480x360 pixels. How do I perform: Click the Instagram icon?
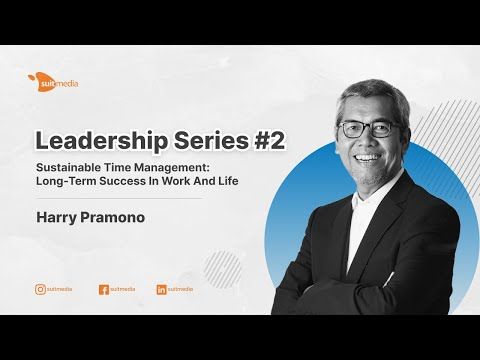[x=40, y=289]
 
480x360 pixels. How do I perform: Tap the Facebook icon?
[x=103, y=289]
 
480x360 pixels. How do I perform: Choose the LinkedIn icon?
[x=161, y=289]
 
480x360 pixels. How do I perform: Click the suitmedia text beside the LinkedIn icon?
[x=181, y=289]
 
